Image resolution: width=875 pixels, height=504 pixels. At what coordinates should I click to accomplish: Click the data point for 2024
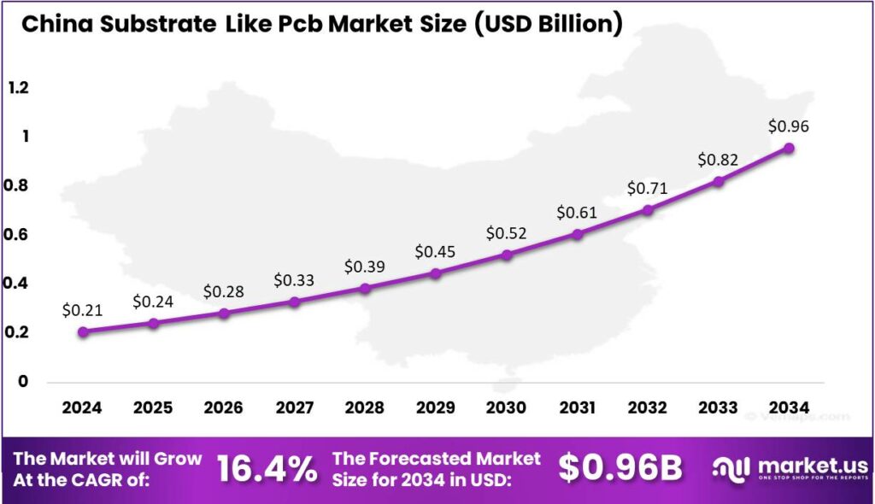pos(83,331)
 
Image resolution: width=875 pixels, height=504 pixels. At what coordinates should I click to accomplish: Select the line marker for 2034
pos(789,148)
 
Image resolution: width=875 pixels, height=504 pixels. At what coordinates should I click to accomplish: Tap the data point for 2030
pos(507,255)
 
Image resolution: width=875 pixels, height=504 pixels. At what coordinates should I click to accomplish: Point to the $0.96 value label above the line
pos(789,126)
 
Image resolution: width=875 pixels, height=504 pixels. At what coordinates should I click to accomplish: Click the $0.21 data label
pos(82,310)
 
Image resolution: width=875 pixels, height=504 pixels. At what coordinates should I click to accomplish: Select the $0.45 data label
pos(436,252)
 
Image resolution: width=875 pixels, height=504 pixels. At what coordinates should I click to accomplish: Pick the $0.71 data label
pos(648,188)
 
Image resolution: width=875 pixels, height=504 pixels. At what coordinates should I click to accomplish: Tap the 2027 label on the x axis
pos(294,407)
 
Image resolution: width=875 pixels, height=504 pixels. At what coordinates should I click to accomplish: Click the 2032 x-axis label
pos(648,407)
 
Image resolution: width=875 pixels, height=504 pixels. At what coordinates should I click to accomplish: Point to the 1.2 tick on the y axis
pos(18,88)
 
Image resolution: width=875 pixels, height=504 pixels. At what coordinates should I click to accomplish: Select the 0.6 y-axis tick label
pos(18,235)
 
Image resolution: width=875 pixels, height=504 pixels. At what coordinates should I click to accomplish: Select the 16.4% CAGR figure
pos(267,468)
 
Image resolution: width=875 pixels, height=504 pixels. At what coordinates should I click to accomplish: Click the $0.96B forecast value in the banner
pos(620,468)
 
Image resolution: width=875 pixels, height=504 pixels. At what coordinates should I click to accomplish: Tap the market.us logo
pos(791,468)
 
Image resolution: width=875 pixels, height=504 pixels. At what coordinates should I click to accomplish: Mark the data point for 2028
pos(365,288)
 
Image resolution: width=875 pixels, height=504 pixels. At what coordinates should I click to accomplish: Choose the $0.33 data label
pos(294,280)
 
